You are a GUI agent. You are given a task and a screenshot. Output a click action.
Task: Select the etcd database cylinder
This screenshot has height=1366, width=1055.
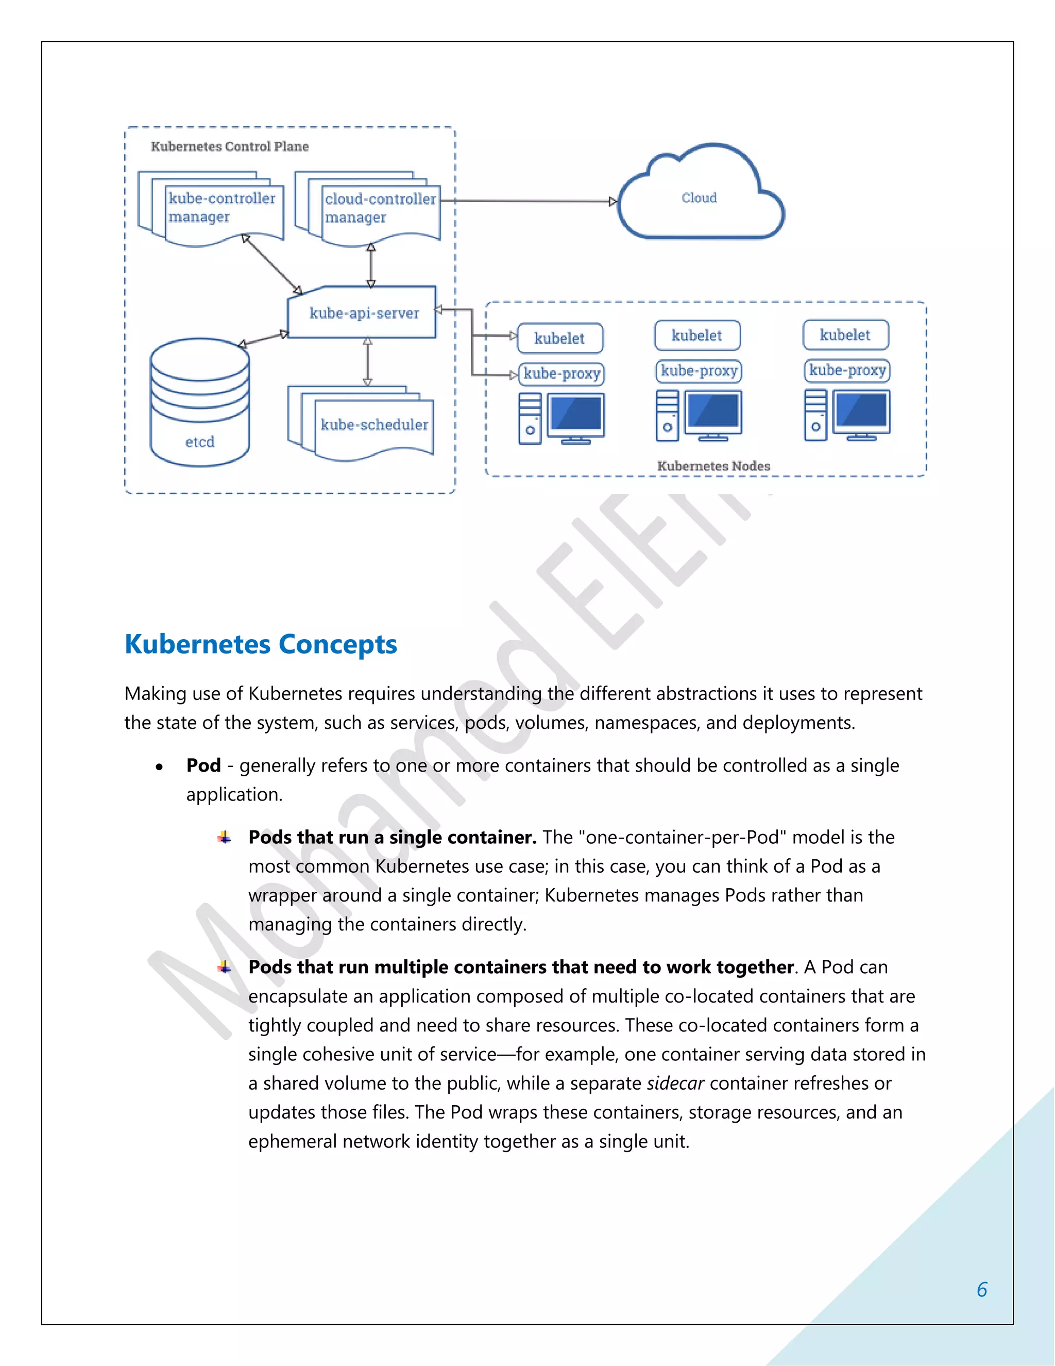click(x=199, y=404)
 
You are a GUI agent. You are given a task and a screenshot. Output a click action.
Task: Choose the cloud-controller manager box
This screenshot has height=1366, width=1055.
click(x=379, y=209)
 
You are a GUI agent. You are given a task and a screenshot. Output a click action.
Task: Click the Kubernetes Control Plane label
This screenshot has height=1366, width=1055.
click(x=229, y=146)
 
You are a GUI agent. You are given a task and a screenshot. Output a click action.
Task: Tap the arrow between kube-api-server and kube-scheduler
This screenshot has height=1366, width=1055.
click(x=367, y=361)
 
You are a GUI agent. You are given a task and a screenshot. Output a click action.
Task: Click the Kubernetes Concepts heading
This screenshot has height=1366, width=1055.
click(x=261, y=644)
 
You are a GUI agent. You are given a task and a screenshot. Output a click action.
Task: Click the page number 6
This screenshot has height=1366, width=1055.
click(x=982, y=1290)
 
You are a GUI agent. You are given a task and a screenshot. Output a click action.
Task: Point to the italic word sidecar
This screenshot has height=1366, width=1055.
click(x=675, y=1084)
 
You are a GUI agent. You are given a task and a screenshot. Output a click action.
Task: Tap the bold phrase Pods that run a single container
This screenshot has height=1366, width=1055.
click(x=393, y=838)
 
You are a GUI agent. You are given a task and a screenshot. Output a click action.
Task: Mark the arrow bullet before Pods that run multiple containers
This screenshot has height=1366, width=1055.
click(x=225, y=968)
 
